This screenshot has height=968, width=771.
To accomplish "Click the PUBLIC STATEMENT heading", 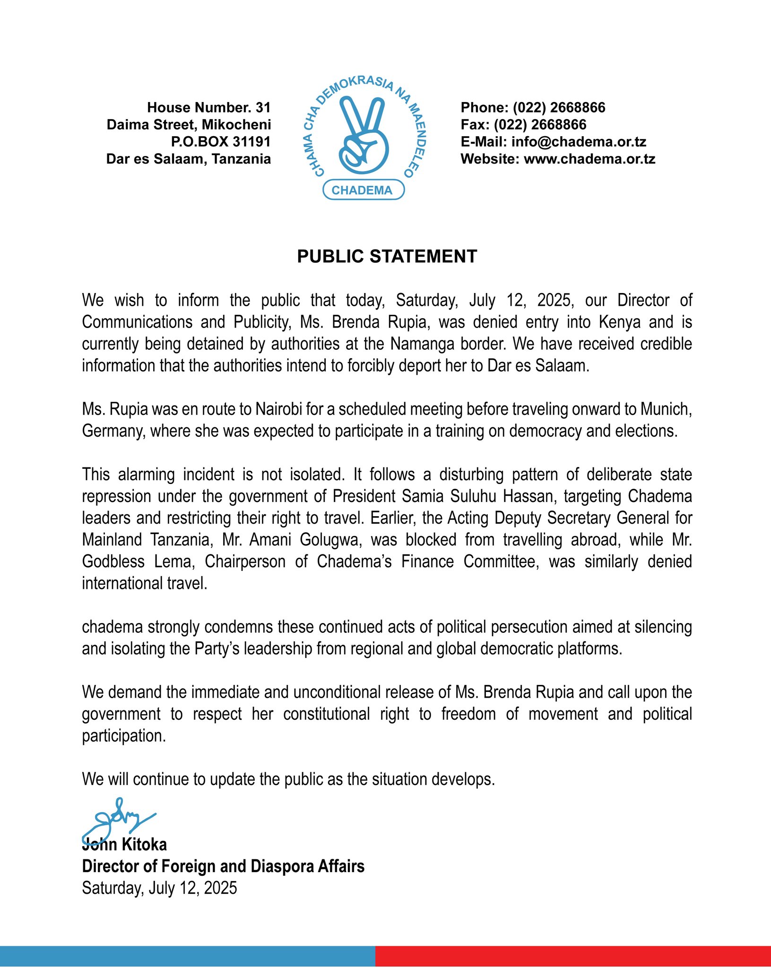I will coord(387,256).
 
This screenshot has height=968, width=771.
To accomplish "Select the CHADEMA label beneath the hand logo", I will coord(362,190).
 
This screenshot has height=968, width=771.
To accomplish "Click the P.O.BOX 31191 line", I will coord(220,142).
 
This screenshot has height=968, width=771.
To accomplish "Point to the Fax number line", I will coord(523,125).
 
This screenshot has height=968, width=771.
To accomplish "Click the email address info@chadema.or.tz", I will coord(579,142).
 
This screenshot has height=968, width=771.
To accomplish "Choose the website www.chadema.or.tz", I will coord(589,159).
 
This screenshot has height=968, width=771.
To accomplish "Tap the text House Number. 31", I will coord(208,108).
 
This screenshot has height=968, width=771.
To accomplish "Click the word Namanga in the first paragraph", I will coord(417,344).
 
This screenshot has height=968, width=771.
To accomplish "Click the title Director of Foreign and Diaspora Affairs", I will coord(223,866).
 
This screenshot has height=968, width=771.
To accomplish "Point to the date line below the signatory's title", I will coord(159,888).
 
